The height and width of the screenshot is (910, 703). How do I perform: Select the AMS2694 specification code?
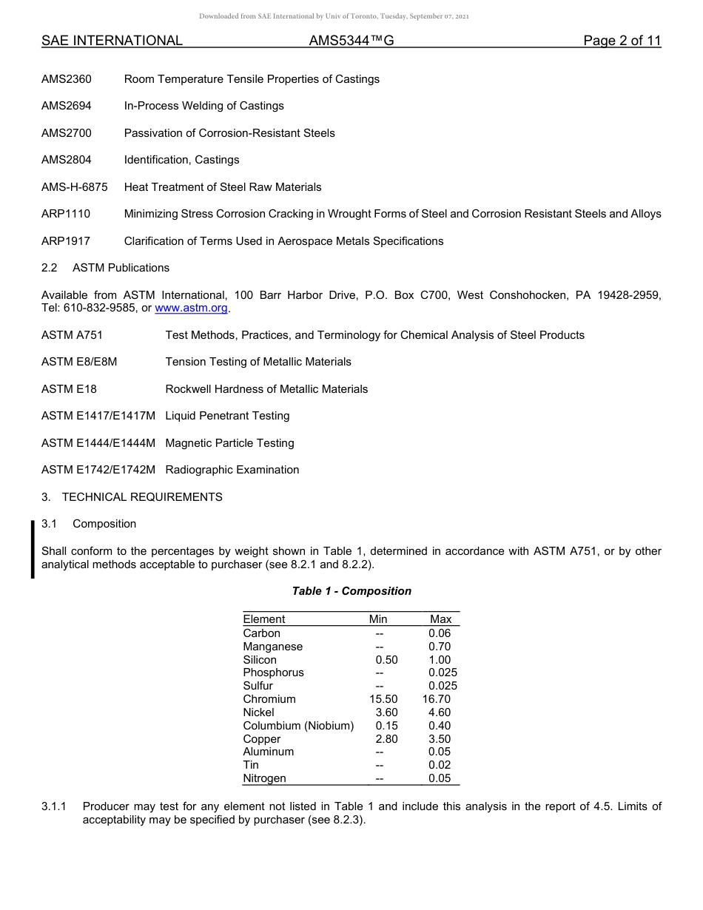pyautogui.click(x=67, y=106)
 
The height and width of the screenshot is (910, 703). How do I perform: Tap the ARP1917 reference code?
pyautogui.click(x=66, y=241)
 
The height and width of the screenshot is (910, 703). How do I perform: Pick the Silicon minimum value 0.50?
pyautogui.click(x=387, y=660)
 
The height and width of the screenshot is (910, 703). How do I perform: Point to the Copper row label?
pyautogui.click(x=262, y=739)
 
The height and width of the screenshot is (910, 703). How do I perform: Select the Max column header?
pyautogui.click(x=440, y=619)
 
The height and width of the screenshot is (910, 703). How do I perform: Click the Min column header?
pyautogui.click(x=378, y=619)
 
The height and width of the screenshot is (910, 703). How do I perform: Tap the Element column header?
pyautogui.click(x=264, y=619)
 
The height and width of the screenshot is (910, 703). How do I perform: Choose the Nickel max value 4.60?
pyautogui.click(x=440, y=712)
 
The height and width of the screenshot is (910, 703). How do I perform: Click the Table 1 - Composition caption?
pyautogui.click(x=351, y=591)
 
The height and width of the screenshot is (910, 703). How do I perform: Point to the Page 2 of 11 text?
pyautogui.click(x=622, y=41)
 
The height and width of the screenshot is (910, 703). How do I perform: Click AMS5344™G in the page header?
pyautogui.click(x=351, y=41)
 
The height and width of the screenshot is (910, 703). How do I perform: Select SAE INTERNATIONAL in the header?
pyautogui.click(x=112, y=41)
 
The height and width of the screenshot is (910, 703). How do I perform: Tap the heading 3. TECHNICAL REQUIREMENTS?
pyautogui.click(x=132, y=497)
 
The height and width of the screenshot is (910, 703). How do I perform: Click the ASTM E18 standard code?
pyautogui.click(x=69, y=389)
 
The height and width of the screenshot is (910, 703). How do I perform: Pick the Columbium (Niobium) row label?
pyautogui.click(x=298, y=726)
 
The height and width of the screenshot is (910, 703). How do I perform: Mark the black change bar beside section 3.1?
pyautogui.click(x=33, y=550)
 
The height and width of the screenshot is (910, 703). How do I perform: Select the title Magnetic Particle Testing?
pyautogui.click(x=229, y=443)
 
